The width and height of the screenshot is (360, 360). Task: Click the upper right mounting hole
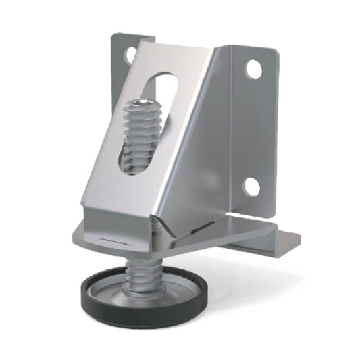(253, 68)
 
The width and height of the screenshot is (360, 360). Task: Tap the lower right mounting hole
(252, 186)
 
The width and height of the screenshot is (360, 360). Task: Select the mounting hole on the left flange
(128, 55)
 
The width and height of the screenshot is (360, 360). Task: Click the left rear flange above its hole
(122, 41)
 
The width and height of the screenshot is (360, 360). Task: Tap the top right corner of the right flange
(273, 51)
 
